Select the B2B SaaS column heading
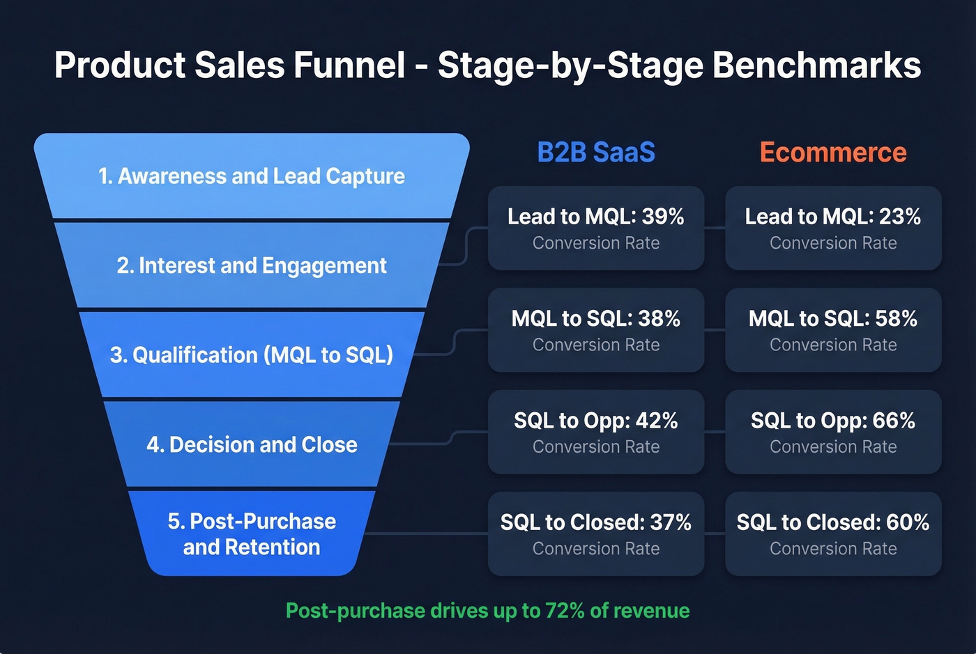596,153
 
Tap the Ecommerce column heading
833,153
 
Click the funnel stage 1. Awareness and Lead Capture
252,176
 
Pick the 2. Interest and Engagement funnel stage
252,265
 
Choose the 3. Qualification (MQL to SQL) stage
252,355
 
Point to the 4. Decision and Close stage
252,444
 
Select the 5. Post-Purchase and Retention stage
252,534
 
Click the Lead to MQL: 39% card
596,228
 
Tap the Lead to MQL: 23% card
833,228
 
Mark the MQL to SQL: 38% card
596,330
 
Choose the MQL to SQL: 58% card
833,330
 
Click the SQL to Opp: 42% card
596,432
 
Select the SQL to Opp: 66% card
833,432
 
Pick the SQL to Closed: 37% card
596,534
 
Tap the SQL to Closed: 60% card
833,534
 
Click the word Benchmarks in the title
816,65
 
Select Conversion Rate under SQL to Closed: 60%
833,549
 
